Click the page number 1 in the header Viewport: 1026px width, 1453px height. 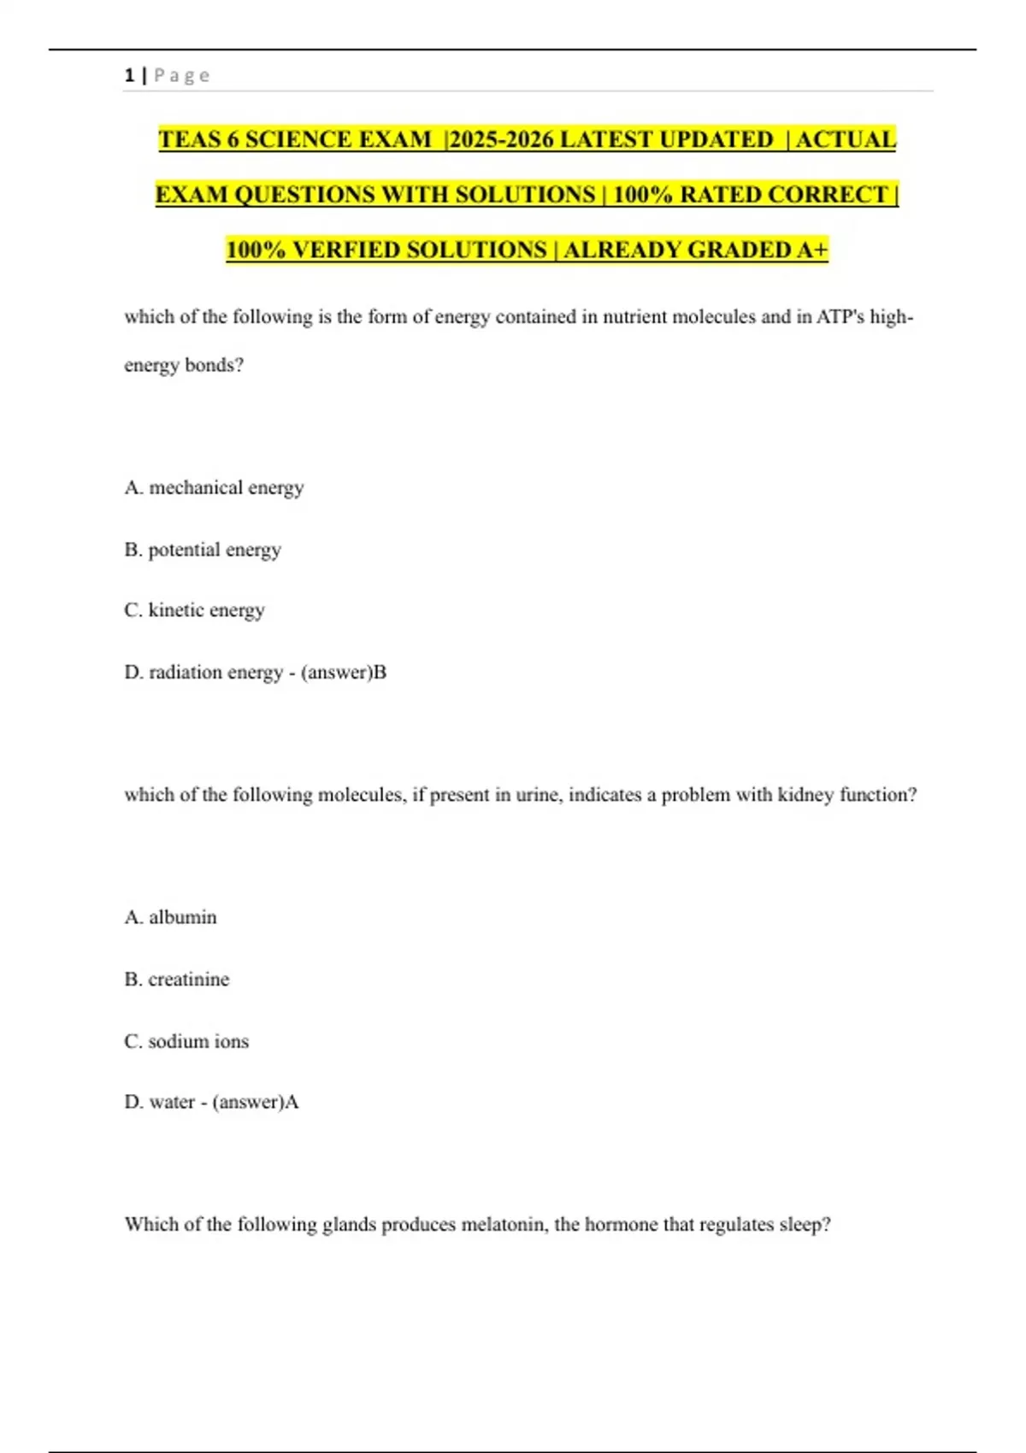(x=129, y=75)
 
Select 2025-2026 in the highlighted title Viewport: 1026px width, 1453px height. (x=501, y=139)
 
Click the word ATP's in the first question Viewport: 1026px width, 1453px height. (x=840, y=317)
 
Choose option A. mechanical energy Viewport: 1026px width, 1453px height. (x=214, y=488)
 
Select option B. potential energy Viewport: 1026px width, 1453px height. (x=203, y=550)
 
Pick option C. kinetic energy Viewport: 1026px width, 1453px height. (x=194, y=610)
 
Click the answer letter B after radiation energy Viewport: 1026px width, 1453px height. (x=380, y=673)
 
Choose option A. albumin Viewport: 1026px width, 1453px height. (x=170, y=917)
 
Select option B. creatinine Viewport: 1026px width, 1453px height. (x=177, y=979)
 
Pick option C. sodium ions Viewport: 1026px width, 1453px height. (x=186, y=1041)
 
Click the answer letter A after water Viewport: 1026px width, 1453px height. (x=292, y=1103)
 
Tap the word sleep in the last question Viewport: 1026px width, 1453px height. (x=805, y=1225)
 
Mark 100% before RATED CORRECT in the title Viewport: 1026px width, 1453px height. (x=643, y=195)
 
